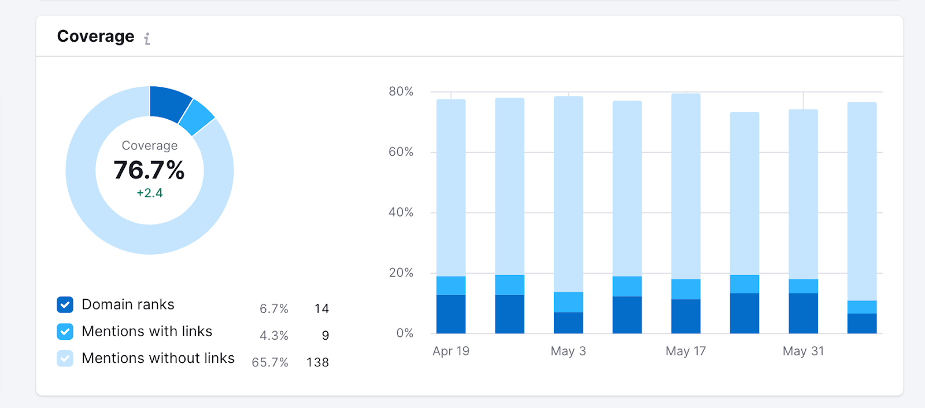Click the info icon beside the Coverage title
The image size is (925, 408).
[147, 39]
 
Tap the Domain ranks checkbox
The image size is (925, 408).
[65, 304]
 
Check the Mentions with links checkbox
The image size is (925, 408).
[65, 332]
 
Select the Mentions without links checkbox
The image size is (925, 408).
[65, 358]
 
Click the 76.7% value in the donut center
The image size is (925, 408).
[149, 170]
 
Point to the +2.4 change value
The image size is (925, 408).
[150, 193]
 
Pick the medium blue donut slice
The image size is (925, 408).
[197, 117]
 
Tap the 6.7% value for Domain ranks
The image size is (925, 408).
[274, 309]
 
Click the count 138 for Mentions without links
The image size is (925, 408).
[317, 362]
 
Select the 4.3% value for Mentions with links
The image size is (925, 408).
[274, 336]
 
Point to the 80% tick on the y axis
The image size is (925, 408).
[401, 91]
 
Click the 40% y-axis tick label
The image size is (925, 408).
[401, 212]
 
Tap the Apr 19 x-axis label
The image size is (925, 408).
[451, 351]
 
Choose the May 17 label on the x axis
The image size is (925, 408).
[686, 351]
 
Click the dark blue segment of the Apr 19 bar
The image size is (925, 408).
[451, 314]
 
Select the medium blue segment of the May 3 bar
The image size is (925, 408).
[568, 302]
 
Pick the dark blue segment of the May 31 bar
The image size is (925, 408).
[803, 313]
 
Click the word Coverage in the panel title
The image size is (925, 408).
[95, 36]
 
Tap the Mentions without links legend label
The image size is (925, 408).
[158, 358]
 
